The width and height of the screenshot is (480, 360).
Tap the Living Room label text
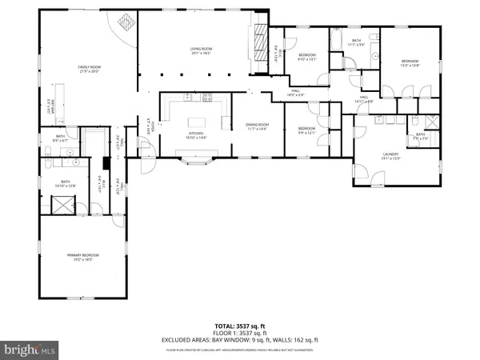pos(200,50)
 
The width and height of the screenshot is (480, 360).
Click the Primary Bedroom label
pos(83,258)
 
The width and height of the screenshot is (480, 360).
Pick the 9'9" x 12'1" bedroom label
pos(307,130)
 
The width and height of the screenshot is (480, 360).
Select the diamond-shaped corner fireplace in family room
pos(126,22)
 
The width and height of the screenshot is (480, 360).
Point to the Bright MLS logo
pos(30,349)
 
